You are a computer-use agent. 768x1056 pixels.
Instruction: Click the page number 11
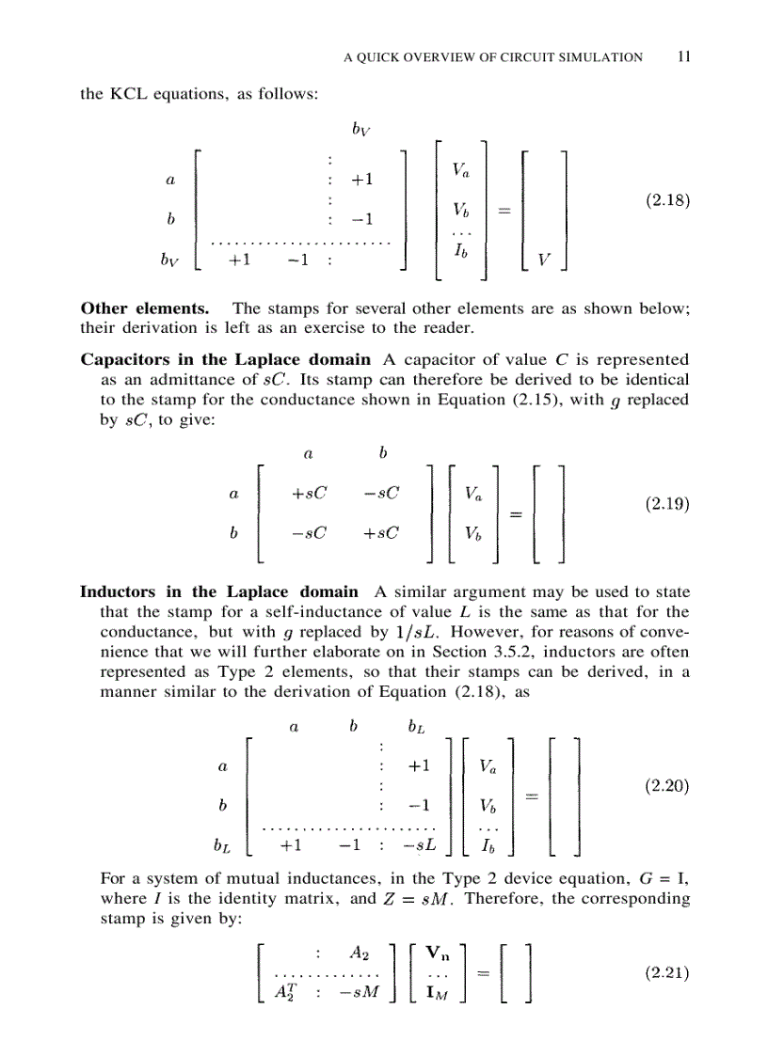684,56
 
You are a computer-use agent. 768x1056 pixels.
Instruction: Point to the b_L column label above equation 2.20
415,727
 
